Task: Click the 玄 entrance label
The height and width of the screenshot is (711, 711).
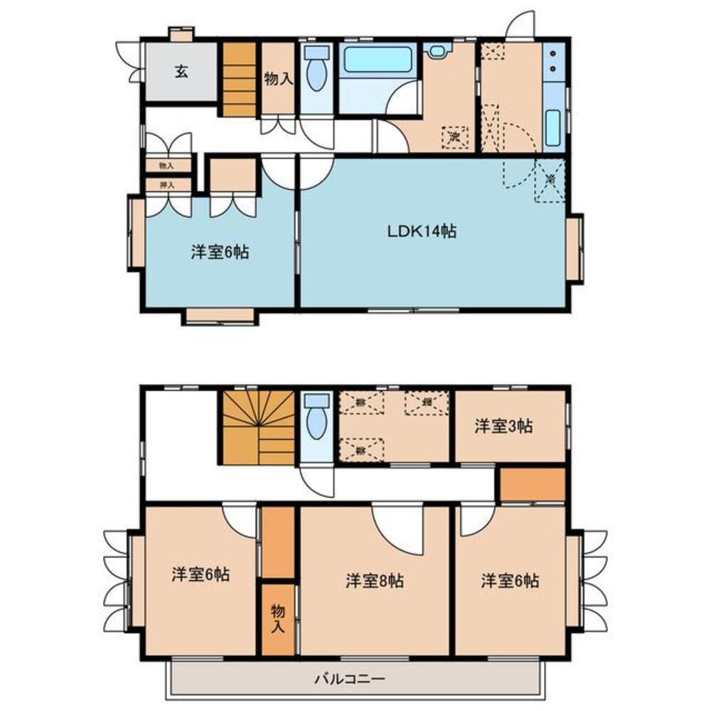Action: pyautogui.click(x=181, y=72)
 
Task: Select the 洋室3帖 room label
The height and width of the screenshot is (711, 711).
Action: pyautogui.click(x=504, y=427)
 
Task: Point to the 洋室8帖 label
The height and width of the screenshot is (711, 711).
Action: pyautogui.click(x=375, y=580)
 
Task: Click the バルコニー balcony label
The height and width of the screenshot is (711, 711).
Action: pyautogui.click(x=350, y=679)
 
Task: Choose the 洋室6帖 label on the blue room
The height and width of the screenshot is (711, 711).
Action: pyautogui.click(x=220, y=252)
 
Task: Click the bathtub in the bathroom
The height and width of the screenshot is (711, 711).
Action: pyautogui.click(x=378, y=60)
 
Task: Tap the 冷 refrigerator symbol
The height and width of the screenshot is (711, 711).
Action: pyautogui.click(x=550, y=180)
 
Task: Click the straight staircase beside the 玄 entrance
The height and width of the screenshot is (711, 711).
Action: pyautogui.click(x=238, y=80)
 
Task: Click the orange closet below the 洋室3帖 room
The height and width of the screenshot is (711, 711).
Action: pyautogui.click(x=532, y=485)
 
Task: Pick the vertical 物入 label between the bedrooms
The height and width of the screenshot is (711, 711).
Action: pyautogui.click(x=277, y=619)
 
